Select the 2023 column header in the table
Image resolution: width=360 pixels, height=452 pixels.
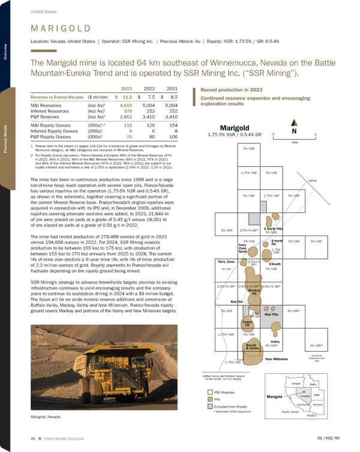tap(127, 88)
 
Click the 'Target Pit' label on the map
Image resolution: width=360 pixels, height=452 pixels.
tap(246, 323)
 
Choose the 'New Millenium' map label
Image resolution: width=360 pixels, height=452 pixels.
tap(278, 358)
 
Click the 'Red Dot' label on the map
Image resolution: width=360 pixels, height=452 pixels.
tap(236, 302)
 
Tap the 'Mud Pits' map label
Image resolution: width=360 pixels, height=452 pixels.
tap(272, 314)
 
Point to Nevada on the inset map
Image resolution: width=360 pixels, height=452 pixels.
tap(304, 396)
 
